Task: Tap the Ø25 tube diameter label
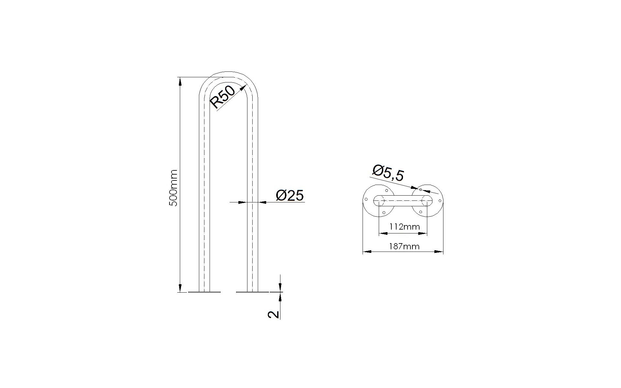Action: (290, 195)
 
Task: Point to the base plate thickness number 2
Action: (274, 314)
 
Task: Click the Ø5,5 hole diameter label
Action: (388, 173)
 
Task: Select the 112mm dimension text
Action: (405, 227)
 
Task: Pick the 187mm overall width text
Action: (404, 246)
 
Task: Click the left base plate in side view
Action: (204, 292)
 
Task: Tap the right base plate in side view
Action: (253, 292)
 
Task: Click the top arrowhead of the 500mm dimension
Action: (180, 81)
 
